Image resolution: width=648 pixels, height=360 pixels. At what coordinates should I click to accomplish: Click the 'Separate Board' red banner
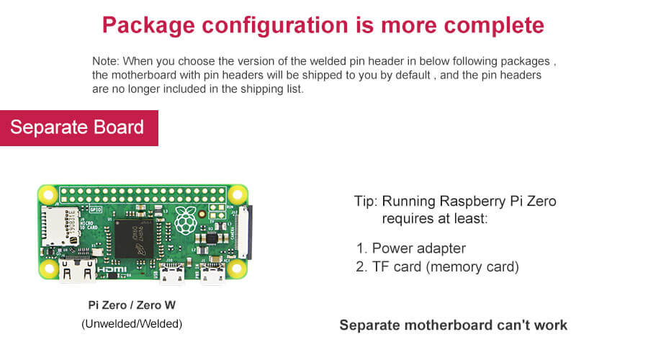(x=79, y=127)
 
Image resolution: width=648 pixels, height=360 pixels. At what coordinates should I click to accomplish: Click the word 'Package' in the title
(x=148, y=26)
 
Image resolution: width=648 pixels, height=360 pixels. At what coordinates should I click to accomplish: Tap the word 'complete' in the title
(x=494, y=26)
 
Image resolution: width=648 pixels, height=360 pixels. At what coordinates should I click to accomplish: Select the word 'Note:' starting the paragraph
(x=105, y=61)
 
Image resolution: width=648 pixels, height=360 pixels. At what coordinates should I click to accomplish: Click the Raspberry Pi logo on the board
(x=186, y=220)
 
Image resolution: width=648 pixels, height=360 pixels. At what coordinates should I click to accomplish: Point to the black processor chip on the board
(x=134, y=239)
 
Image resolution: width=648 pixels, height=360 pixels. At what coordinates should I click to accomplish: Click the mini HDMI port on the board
(x=77, y=271)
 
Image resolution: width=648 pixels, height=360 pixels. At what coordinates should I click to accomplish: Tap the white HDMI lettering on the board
(x=112, y=270)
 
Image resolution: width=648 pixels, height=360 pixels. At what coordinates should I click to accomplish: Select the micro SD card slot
(x=60, y=227)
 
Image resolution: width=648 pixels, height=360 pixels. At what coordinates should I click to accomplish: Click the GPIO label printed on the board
(x=96, y=210)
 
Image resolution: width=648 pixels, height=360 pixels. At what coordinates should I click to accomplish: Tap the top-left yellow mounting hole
(x=48, y=194)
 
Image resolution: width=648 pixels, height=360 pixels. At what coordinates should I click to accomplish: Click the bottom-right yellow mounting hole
(x=237, y=269)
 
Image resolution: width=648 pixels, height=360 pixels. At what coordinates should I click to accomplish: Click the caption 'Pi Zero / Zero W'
(x=132, y=305)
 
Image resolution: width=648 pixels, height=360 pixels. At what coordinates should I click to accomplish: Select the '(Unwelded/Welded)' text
(x=132, y=323)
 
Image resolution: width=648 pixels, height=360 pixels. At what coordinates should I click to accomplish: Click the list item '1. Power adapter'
(x=411, y=248)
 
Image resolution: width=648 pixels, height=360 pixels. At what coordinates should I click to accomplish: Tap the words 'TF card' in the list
(x=397, y=267)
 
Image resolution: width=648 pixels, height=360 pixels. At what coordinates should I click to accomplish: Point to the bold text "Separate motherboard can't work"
(x=454, y=325)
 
